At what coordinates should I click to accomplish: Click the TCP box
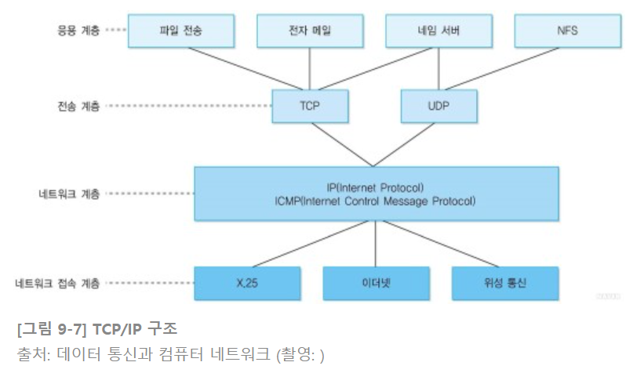310,104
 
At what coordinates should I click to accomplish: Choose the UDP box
438,104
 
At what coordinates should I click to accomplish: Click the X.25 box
247,282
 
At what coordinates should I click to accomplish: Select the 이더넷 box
375,282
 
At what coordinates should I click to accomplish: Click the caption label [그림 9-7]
49,324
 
